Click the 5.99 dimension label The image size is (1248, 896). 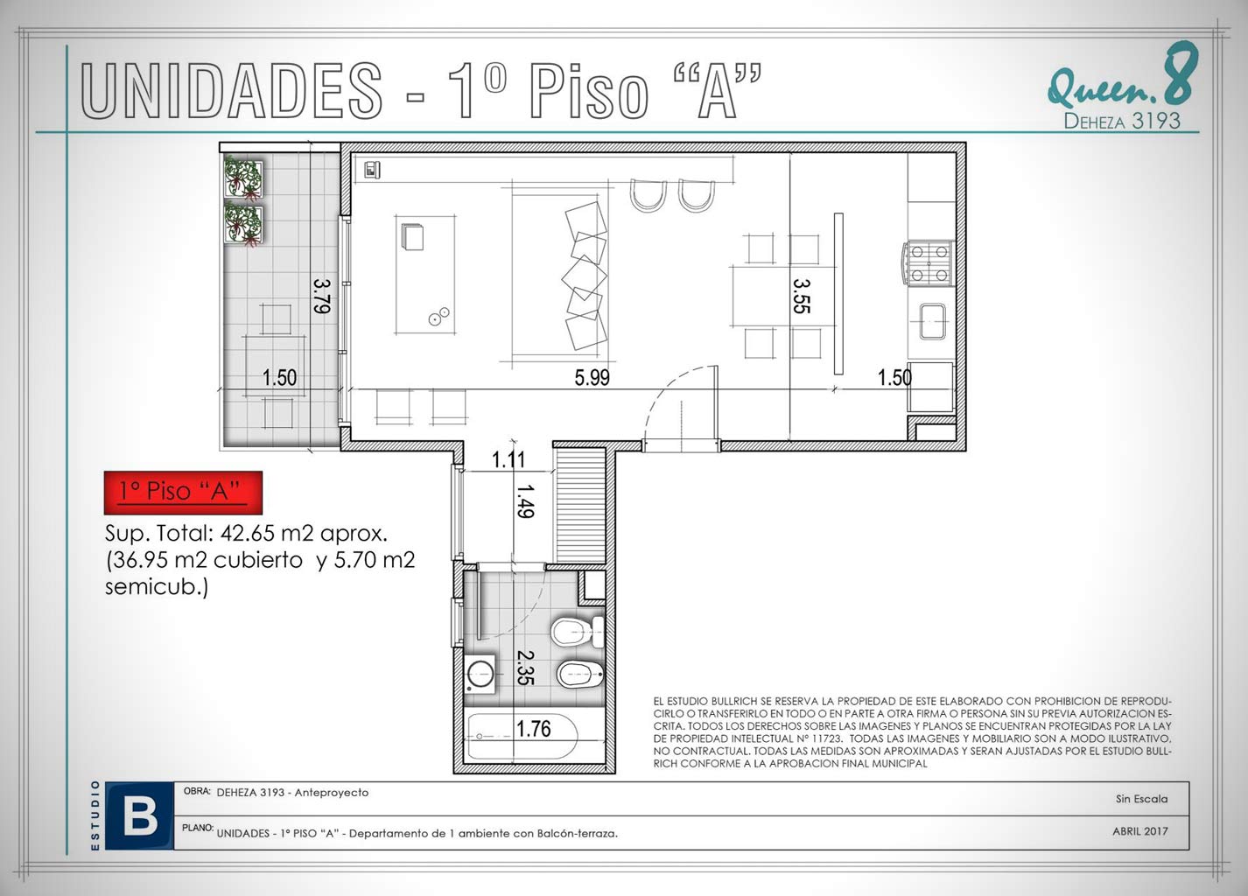(592, 377)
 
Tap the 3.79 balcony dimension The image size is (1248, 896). (322, 296)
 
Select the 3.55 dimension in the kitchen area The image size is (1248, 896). (801, 297)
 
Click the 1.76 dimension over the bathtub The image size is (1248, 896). (533, 728)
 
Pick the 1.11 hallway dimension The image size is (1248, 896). (508, 460)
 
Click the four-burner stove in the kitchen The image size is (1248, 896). (929, 262)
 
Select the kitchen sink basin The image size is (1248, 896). (933, 321)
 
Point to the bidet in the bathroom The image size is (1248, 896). (580, 675)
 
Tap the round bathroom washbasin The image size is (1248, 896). (480, 675)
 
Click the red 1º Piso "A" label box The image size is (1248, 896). (183, 493)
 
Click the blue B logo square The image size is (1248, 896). (139, 816)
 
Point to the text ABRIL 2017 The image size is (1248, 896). (1139, 831)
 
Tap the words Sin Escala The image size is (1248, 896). (1141, 799)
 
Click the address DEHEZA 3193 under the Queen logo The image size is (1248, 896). (1122, 121)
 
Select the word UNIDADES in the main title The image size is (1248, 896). (232, 90)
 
